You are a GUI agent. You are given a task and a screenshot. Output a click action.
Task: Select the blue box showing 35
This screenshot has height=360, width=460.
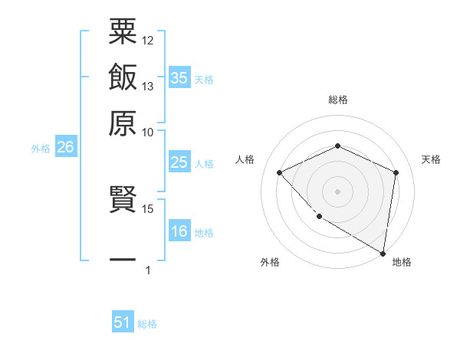click(179, 77)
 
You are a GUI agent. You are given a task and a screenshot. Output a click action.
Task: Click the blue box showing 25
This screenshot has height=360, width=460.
click(179, 162)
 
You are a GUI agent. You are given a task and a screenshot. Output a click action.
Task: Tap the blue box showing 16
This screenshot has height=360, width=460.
click(179, 231)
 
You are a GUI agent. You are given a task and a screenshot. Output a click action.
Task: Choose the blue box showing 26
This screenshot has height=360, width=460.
click(65, 147)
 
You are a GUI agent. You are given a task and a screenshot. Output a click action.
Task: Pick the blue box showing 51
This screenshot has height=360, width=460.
click(123, 322)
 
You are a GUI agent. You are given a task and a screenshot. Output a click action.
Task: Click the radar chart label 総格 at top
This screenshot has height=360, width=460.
click(338, 100)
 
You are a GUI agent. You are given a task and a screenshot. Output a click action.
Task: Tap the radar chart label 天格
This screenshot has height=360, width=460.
click(431, 159)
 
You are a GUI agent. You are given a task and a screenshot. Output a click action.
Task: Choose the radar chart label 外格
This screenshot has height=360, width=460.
click(270, 262)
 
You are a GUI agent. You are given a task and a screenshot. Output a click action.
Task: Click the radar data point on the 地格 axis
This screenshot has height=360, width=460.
click(383, 253)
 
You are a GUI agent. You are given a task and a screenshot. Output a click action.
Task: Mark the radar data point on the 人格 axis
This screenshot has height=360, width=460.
click(280, 172)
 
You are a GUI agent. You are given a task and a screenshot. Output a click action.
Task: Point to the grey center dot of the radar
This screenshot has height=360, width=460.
click(338, 191)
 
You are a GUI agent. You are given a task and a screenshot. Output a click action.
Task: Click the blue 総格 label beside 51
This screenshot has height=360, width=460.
click(147, 324)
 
